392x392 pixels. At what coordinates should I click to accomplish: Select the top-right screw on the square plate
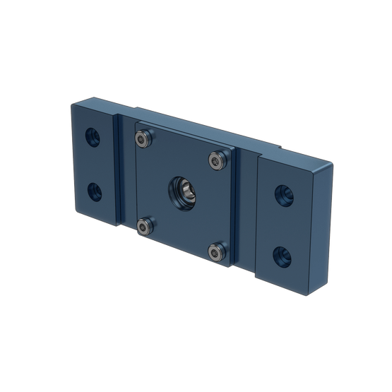[215, 162]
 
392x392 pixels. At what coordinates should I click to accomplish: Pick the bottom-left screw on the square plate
[145, 225]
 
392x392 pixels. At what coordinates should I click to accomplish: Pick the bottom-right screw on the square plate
[216, 250]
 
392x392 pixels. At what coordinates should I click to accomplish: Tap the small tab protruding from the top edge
[283, 146]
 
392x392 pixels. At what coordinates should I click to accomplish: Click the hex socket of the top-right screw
[215, 162]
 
